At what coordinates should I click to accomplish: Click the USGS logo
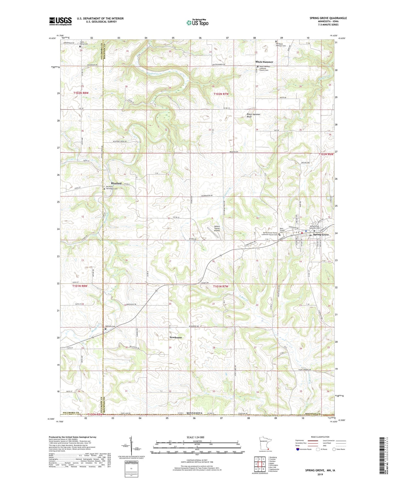[60, 21]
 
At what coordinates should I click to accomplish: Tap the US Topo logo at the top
[197, 23]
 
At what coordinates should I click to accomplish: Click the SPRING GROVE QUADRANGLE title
[328, 18]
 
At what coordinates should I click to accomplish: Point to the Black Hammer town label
[264, 62]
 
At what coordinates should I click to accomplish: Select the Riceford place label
[116, 183]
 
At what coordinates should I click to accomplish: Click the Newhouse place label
[176, 337]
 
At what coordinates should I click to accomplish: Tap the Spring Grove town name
[321, 235]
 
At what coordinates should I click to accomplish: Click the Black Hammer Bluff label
[253, 115]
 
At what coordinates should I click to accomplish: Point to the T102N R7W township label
[221, 94]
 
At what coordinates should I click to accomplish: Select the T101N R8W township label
[80, 286]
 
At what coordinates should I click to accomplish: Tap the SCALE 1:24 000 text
[195, 437]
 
